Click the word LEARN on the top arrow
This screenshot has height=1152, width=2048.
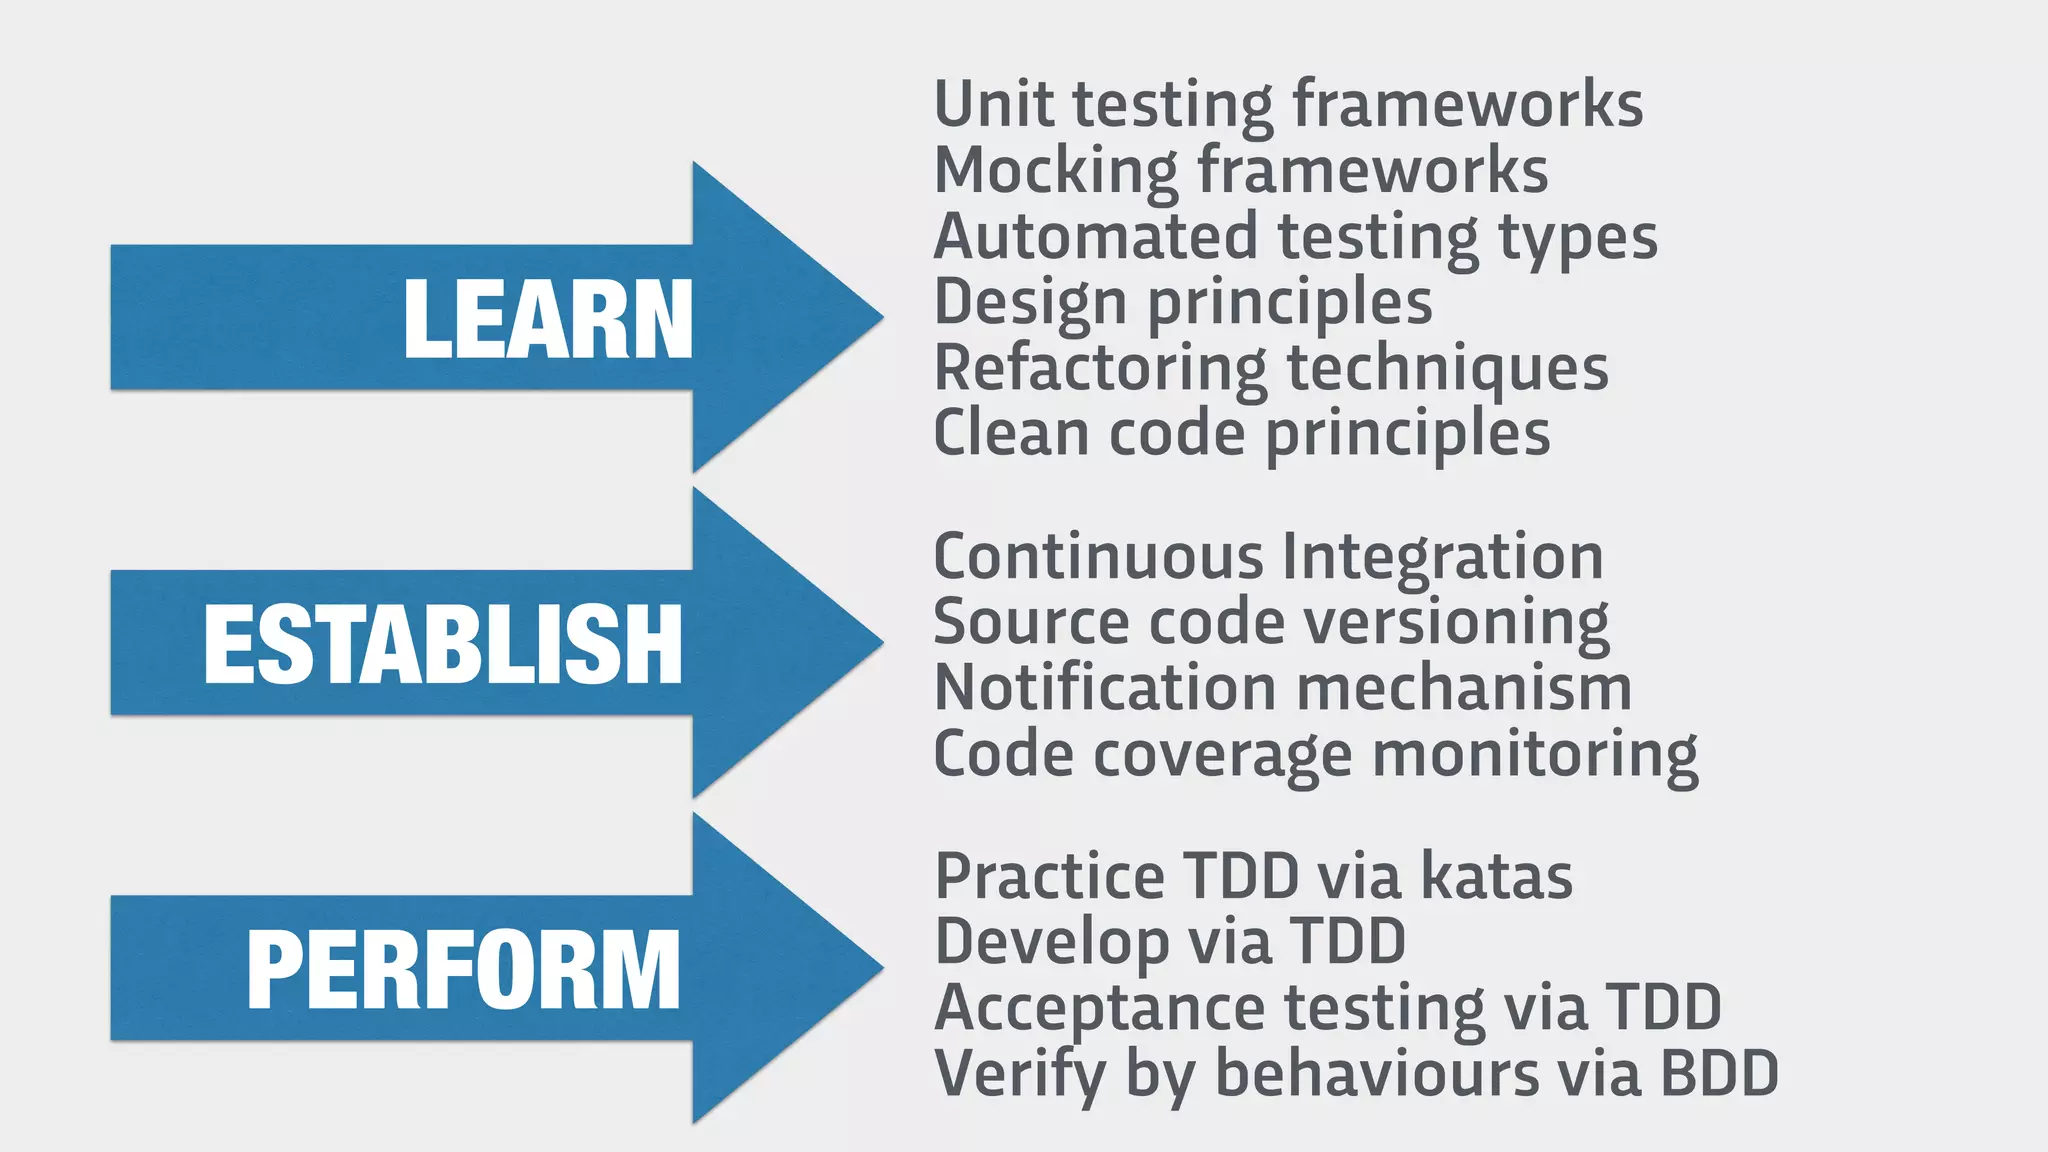[x=547, y=319]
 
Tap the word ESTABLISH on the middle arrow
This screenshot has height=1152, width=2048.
[x=443, y=645]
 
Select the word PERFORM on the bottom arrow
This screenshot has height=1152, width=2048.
[x=463, y=970]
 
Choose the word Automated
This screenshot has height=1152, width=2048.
[x=1095, y=237]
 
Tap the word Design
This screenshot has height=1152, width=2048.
[x=1030, y=303]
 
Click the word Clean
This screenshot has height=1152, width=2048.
[x=1011, y=433]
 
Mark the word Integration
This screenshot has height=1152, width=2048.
[x=1442, y=558]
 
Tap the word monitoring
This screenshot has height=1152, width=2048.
[x=1535, y=755]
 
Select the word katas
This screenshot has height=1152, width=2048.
[x=1496, y=876]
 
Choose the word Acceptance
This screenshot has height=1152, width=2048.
[x=1099, y=1008]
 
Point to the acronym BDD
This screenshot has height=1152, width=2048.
[x=1719, y=1073]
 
